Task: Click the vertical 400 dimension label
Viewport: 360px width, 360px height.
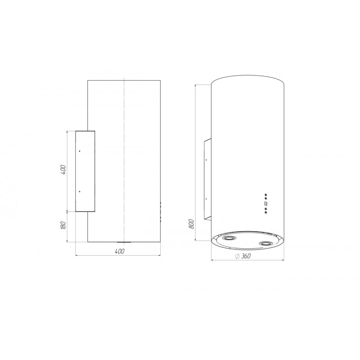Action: click(63, 170)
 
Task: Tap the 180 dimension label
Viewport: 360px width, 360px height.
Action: click(63, 225)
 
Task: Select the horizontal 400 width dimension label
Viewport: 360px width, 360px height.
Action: click(119, 251)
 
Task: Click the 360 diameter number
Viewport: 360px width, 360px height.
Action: click(246, 256)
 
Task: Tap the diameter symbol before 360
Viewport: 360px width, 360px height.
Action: click(238, 256)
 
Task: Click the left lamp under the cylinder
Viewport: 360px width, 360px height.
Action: click(229, 238)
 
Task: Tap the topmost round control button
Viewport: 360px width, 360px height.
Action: click(265, 195)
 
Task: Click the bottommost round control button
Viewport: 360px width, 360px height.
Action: click(265, 212)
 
